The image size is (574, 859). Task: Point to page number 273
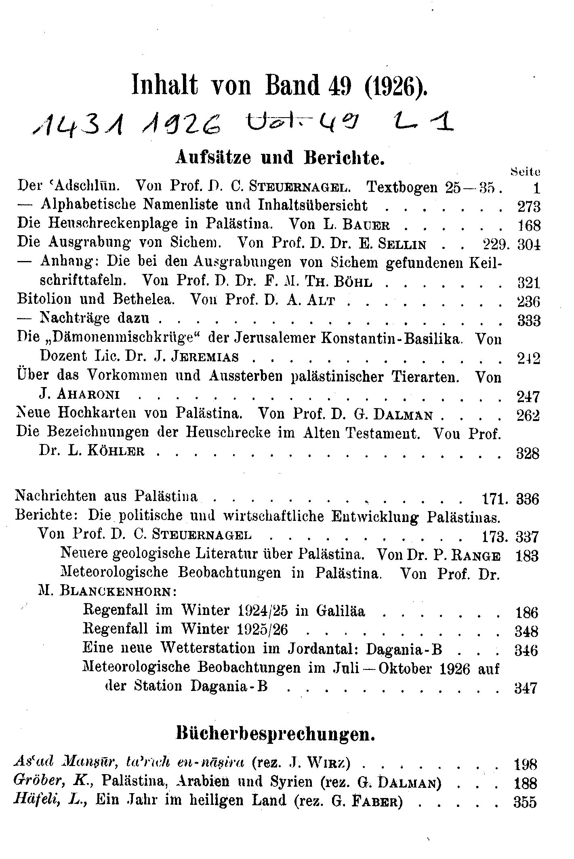click(529, 207)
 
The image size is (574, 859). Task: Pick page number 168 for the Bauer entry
click(529, 225)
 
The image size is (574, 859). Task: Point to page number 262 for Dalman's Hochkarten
click(529, 415)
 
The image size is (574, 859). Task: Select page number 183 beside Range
click(528, 556)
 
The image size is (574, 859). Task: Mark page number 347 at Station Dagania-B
click(526, 688)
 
